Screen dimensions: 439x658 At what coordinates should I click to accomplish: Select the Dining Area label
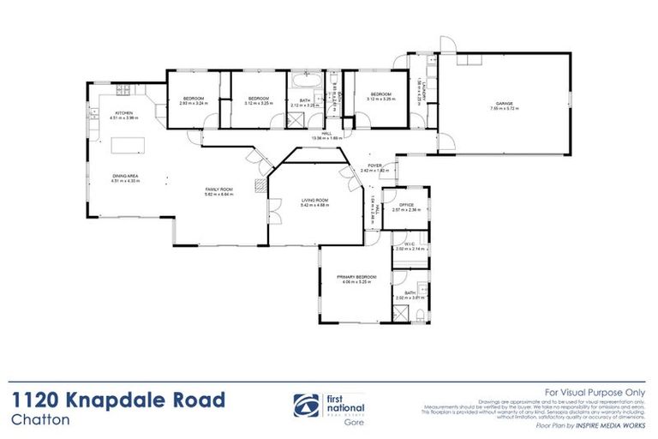click(125, 176)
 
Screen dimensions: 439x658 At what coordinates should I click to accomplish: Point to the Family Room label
click(218, 189)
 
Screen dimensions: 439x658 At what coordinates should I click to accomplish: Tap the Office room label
click(403, 205)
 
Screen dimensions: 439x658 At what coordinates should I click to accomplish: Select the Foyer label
click(374, 165)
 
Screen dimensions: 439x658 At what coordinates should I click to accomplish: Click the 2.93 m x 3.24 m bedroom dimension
click(194, 104)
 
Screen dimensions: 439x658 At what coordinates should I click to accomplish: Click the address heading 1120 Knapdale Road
click(119, 399)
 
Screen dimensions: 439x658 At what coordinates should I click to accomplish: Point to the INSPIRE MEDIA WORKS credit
click(619, 424)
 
